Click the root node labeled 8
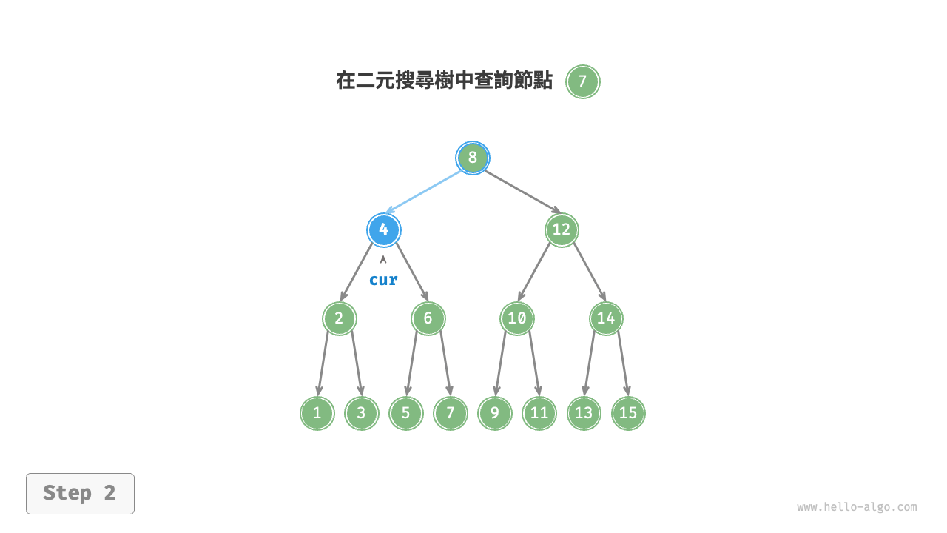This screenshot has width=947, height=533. click(472, 158)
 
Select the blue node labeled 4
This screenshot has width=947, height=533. click(383, 229)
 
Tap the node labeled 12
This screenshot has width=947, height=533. click(562, 229)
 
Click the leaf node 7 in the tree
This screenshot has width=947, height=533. click(450, 413)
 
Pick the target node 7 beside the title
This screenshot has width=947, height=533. click(582, 81)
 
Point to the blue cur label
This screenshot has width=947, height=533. click(383, 280)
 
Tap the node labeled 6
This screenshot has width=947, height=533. click(428, 319)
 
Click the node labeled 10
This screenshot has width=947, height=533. click(516, 319)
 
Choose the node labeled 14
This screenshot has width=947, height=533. click(606, 319)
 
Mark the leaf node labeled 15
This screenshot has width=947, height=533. click(628, 413)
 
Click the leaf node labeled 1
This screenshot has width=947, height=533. click(317, 413)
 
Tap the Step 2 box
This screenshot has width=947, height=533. click(80, 493)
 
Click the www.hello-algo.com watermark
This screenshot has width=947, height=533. click(857, 507)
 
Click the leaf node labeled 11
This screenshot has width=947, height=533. click(539, 413)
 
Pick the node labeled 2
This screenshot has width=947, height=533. click(339, 319)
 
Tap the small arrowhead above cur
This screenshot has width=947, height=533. click(383, 259)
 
